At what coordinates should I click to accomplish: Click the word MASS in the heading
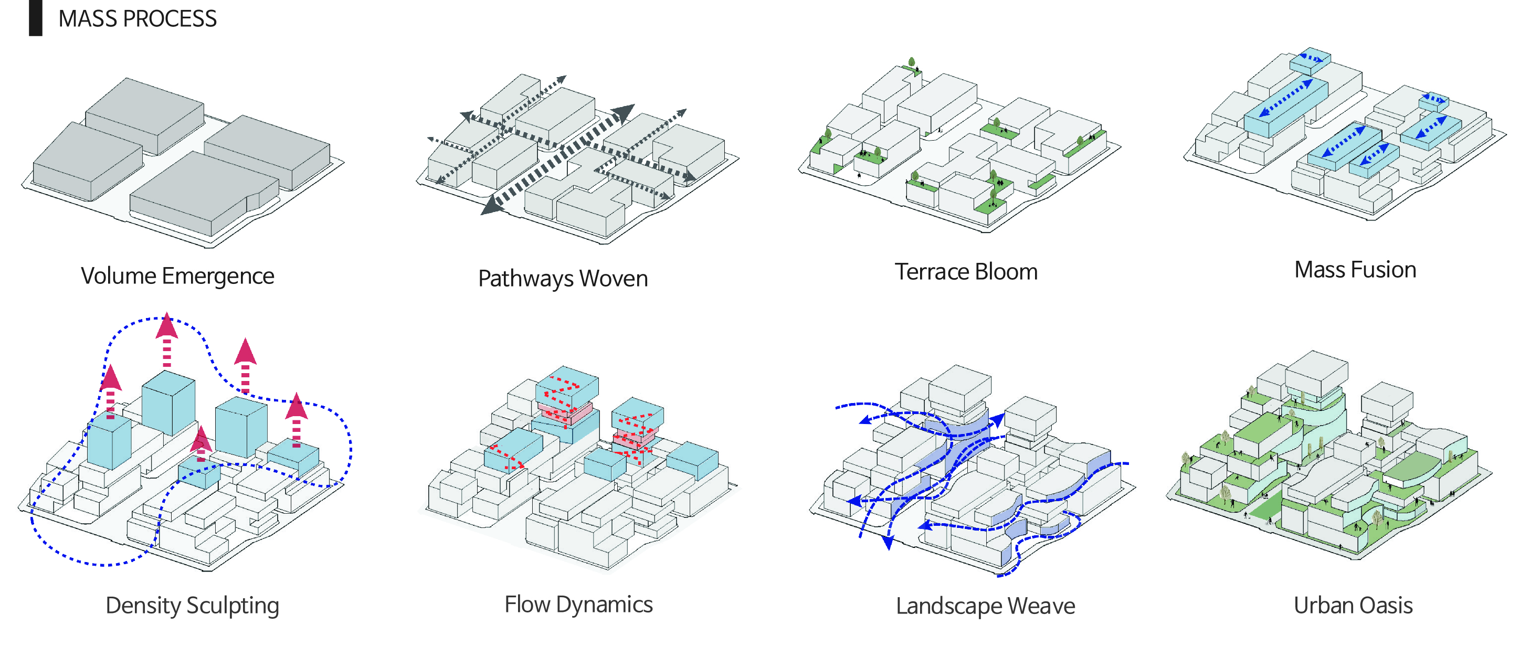[x=87, y=19]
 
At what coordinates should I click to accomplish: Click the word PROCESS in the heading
[x=170, y=19]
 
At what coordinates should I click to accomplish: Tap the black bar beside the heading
[x=35, y=18]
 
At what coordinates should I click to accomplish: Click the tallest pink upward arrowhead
[x=167, y=326]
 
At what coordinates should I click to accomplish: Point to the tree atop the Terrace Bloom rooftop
[x=912, y=62]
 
